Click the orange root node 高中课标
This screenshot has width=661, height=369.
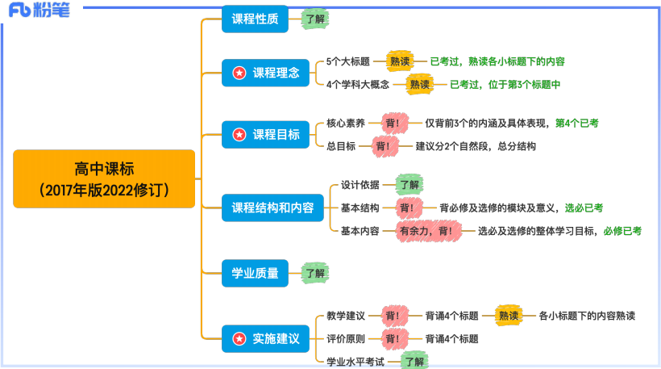point(104,178)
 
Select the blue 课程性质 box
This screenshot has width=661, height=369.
point(255,19)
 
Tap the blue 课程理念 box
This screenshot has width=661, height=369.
point(265,73)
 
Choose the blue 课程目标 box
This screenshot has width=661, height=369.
point(265,134)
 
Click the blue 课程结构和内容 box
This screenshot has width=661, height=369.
point(272,208)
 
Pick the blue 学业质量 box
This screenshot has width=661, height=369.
point(255,274)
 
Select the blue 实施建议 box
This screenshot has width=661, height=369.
point(265,338)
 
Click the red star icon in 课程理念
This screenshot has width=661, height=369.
point(239,73)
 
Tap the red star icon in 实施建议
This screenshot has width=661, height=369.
point(239,338)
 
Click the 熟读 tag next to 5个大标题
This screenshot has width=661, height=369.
point(400,61)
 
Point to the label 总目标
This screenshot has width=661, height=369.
point(341,146)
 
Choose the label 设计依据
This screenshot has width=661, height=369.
point(360,184)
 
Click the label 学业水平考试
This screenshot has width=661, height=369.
point(355,361)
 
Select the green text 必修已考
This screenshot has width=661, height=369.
point(622,231)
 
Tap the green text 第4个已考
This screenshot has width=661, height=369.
point(576,123)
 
